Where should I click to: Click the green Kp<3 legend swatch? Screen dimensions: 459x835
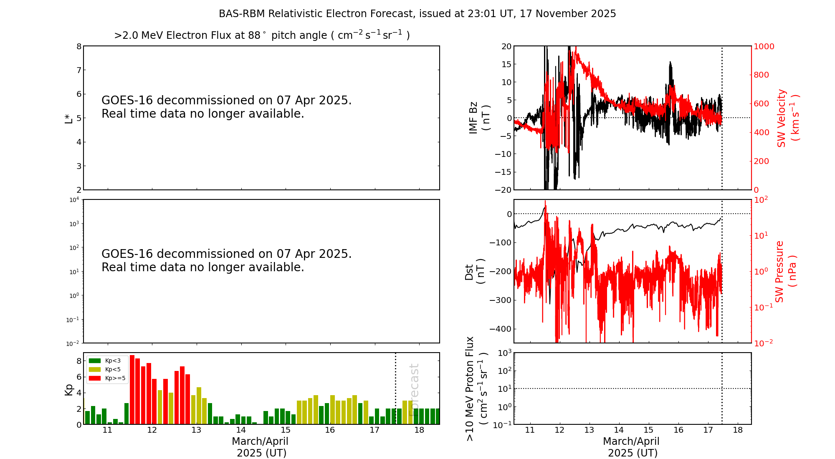95,361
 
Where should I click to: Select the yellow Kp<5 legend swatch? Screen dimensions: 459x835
95,369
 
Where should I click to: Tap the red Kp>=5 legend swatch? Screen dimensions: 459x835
95,378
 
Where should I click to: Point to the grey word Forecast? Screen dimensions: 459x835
414,390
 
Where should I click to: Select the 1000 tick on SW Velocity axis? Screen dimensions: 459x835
764,46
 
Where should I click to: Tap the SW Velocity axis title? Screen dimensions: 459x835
787,118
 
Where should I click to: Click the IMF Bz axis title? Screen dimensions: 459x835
479,118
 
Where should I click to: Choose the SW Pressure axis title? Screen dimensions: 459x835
785,271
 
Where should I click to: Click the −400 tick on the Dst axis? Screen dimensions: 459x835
501,329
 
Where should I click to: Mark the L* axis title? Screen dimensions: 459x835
69,119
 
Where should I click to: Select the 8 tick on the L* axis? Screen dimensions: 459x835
79,46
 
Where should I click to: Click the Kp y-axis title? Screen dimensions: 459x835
69,390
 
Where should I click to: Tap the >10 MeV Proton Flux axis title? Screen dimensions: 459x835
476,389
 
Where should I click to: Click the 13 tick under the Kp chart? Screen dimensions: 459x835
196,430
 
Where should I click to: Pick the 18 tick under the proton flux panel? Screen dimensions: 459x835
738,430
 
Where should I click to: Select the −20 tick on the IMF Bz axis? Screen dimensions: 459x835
503,190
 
